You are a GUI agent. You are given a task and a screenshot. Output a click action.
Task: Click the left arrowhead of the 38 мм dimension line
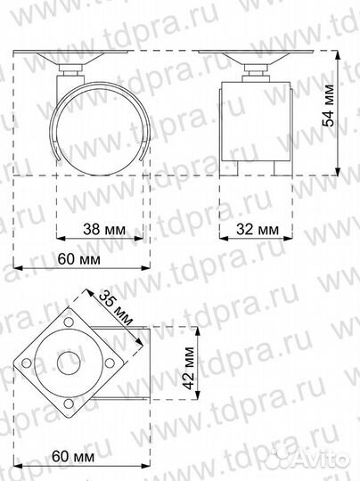pyautogui.click(x=61, y=239)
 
